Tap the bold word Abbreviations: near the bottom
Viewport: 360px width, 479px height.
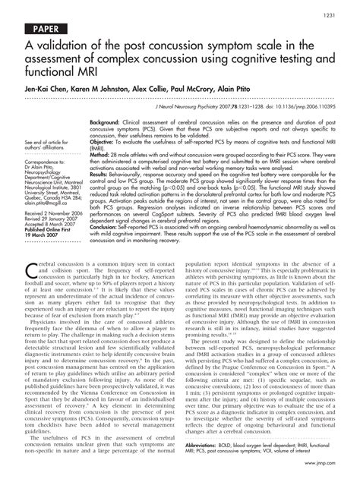click(x=207, y=446)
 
